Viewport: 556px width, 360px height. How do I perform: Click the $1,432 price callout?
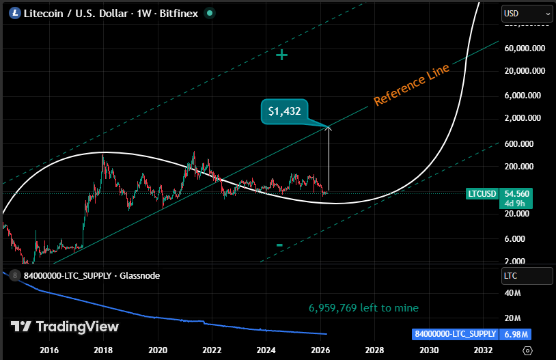coord(285,111)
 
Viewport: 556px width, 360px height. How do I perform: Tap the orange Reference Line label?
coord(411,85)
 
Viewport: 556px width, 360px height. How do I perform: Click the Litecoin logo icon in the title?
coord(12,12)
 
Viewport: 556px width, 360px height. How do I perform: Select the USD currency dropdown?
coord(527,13)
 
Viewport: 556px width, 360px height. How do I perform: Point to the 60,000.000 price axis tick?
coord(524,49)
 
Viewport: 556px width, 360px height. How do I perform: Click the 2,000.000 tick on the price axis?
coord(524,118)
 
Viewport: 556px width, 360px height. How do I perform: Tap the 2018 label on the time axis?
coord(103,350)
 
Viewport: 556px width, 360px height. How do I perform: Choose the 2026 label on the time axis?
coord(320,350)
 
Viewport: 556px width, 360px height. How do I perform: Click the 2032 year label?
coord(483,350)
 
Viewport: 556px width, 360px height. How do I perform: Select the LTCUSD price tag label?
coord(482,194)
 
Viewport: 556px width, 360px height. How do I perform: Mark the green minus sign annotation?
coord(279,245)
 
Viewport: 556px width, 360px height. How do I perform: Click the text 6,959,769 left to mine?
coord(363,307)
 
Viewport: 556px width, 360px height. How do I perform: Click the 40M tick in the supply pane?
coord(512,293)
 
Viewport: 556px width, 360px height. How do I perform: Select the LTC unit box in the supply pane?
coord(527,276)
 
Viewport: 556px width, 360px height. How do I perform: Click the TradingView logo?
coord(64,327)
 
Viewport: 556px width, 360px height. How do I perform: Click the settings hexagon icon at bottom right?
coord(527,350)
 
